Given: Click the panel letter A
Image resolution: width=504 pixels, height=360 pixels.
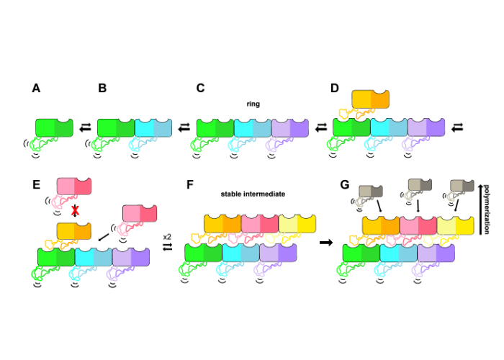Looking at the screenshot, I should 36,88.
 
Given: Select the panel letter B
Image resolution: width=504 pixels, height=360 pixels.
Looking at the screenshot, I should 102,88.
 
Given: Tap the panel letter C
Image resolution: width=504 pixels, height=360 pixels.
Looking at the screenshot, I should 201,88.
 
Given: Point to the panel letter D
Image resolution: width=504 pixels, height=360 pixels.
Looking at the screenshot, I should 334,88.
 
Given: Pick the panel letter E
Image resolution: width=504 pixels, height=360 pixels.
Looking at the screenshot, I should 36,184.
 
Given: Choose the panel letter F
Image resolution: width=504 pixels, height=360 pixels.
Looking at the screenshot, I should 190,184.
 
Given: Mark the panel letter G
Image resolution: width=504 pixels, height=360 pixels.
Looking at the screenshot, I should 344,184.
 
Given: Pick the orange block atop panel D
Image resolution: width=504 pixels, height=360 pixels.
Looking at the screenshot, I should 370,99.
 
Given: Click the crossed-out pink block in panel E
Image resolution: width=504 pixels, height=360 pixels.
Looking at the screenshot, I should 74,186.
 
